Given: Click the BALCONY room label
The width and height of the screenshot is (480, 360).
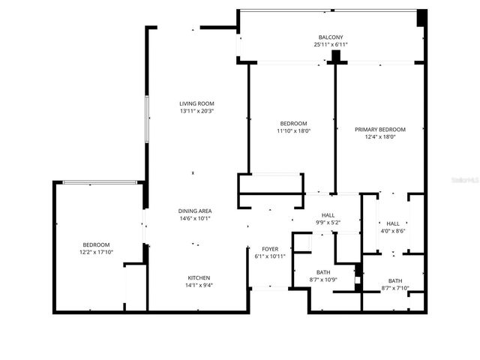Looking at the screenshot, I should pyautogui.click(x=330, y=37).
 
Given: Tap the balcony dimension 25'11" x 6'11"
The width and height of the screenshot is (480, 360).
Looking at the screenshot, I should pyautogui.click(x=330, y=45).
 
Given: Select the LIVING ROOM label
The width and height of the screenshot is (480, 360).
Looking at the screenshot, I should pyautogui.click(x=196, y=103).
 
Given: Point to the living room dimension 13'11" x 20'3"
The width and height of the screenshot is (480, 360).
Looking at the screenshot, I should pyautogui.click(x=196, y=112).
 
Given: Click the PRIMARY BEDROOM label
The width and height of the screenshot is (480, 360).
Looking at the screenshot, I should pyautogui.click(x=379, y=129).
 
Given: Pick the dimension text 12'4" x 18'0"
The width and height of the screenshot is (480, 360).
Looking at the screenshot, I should pyautogui.click(x=379, y=137).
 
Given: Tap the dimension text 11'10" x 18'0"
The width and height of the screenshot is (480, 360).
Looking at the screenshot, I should pyautogui.click(x=293, y=131).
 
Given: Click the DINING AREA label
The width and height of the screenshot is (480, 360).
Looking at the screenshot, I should pyautogui.click(x=194, y=211).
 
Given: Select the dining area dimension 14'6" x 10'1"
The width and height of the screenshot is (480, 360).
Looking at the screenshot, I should pyautogui.click(x=194, y=219).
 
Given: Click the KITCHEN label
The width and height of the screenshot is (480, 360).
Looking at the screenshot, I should pyautogui.click(x=199, y=277).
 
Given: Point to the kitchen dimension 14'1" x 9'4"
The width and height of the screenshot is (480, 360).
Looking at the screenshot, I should pyautogui.click(x=199, y=285).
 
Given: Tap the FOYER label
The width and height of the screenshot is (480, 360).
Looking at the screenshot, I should pyautogui.click(x=270, y=249).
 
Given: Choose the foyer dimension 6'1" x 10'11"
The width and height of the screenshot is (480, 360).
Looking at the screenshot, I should pyautogui.click(x=270, y=257).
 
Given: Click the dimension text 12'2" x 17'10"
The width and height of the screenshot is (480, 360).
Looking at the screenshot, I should pyautogui.click(x=96, y=253).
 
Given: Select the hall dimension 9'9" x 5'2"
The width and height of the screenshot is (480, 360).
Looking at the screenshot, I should pyautogui.click(x=327, y=223).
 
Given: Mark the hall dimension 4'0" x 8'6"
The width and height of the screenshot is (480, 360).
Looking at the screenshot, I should pyautogui.click(x=393, y=232).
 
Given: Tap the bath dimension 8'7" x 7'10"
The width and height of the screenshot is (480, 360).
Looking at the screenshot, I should pyautogui.click(x=395, y=289).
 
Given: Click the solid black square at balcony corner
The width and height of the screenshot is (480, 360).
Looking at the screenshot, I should pyautogui.click(x=421, y=16).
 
